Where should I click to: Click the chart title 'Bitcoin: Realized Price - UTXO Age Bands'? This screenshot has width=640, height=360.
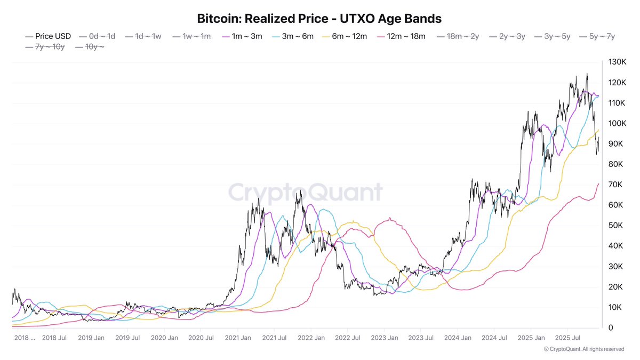point(319,19)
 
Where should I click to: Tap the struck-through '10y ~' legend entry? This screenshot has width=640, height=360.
point(91,47)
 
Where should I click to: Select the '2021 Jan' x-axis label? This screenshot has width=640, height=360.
point(238,338)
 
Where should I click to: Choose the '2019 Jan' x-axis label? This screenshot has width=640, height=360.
point(91,338)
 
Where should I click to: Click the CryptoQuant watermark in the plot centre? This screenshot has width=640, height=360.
point(306,193)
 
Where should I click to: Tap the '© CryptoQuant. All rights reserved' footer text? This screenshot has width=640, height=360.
point(583,349)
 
